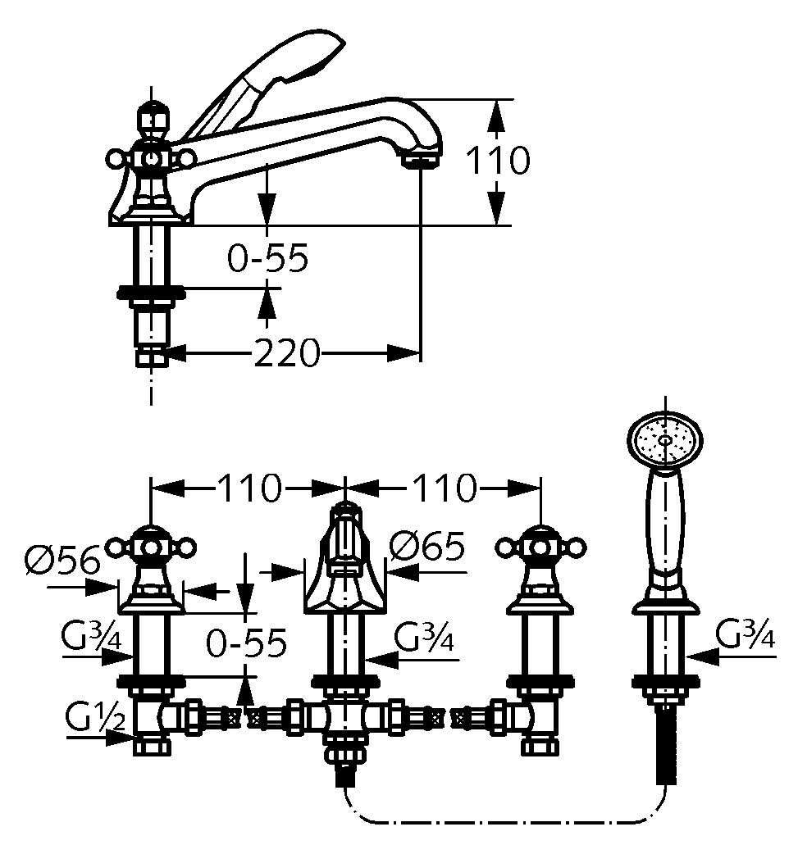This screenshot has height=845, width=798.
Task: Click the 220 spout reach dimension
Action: coord(285,354)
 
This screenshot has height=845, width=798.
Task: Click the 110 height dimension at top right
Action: coord(498,161)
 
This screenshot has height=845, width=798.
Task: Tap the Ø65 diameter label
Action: coord(426,545)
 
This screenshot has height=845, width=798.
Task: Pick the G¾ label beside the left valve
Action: coord(91,636)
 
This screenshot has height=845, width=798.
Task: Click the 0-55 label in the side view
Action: coord(267,259)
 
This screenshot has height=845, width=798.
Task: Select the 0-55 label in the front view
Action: coord(247,643)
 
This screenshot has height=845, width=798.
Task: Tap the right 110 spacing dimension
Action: coord(442,489)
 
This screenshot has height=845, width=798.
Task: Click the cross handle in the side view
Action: coord(151,156)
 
